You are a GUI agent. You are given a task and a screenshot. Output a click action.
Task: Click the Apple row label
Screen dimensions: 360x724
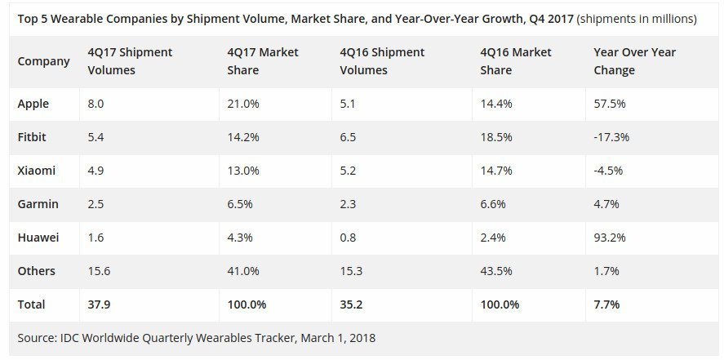(x=33, y=104)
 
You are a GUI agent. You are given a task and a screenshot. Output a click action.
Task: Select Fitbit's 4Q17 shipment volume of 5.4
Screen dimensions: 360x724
(x=96, y=137)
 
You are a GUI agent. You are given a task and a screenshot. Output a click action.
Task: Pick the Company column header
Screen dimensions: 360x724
(x=43, y=61)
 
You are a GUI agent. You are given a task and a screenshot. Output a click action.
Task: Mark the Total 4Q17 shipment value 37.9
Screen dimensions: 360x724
(x=98, y=304)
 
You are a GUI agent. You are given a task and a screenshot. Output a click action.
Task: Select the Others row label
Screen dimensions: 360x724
(x=36, y=271)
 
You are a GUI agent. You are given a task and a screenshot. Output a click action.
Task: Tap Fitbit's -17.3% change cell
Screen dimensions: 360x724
(x=612, y=137)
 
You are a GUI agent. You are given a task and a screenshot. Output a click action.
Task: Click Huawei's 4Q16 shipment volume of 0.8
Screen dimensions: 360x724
(x=349, y=238)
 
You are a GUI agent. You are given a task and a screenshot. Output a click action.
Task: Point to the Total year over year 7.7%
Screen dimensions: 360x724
(x=607, y=304)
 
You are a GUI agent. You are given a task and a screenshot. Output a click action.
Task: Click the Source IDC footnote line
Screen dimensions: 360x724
(x=196, y=337)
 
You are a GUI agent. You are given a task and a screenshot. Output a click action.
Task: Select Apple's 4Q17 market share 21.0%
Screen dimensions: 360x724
(x=243, y=104)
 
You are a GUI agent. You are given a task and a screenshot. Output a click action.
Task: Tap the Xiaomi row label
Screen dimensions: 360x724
(x=36, y=171)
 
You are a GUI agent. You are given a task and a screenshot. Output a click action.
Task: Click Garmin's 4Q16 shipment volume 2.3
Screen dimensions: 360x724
(x=349, y=204)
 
